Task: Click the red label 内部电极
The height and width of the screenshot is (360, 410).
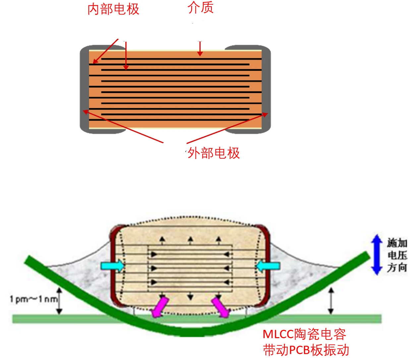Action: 113,9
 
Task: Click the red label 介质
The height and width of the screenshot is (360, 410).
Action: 201,8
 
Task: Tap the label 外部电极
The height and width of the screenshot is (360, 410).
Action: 214,153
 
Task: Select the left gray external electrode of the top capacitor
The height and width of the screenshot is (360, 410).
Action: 84,89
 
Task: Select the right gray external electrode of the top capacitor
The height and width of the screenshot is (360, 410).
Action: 266,89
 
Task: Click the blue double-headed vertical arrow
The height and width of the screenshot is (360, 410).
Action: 377,255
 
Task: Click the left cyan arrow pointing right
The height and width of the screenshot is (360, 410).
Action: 112,266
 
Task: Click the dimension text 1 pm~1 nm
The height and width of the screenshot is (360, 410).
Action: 33,299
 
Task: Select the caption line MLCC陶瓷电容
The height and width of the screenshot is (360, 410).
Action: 304,334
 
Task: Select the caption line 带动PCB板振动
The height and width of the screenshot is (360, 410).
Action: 306,350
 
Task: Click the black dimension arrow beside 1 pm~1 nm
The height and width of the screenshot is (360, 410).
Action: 59,300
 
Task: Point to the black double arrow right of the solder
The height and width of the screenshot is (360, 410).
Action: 330,301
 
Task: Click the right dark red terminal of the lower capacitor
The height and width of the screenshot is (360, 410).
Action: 266,265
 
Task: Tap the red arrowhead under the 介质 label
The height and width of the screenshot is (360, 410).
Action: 200,54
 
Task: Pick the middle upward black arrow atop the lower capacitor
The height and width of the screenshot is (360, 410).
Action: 190,240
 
